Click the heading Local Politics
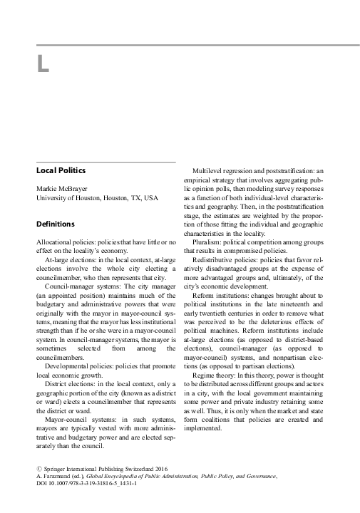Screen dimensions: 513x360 [x=61, y=170]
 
